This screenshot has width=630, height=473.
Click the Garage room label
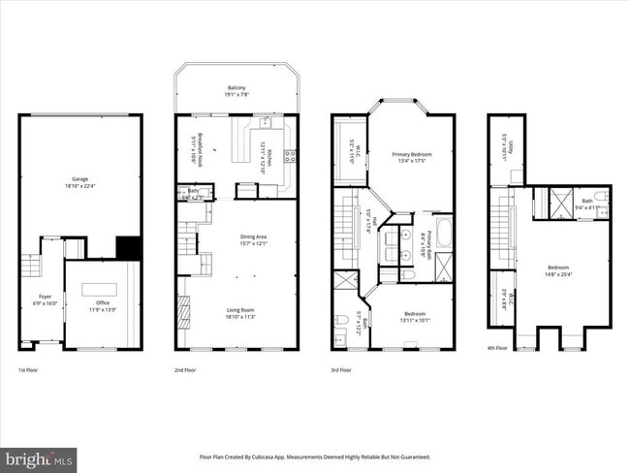click(x=79, y=179)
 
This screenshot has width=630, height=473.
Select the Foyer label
click(x=46, y=297)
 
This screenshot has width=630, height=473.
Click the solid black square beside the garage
click(x=129, y=247)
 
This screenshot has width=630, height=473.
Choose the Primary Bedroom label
click(x=412, y=154)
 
